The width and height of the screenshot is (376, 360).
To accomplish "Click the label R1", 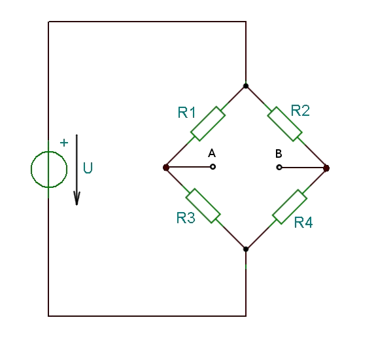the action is point(186,113).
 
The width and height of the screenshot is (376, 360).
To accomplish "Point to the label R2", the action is point(300,111).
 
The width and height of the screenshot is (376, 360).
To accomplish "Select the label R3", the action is point(186,218).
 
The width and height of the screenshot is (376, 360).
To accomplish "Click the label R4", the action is point(303,223).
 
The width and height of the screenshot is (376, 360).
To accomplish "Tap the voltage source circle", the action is point(49,152).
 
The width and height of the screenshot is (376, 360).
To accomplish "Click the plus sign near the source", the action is point(64,143).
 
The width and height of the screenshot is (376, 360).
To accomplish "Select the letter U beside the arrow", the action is point(88,168).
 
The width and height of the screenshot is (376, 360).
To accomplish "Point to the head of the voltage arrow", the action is point(77,205).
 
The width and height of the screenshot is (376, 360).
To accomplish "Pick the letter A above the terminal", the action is point(212,153).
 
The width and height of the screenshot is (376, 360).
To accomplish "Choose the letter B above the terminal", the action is point(279,154).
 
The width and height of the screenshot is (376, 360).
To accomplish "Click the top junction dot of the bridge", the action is point(246,86).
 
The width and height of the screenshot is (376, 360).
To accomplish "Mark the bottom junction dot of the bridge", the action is point(246,249).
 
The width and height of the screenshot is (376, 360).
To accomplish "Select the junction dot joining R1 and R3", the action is point(166,168).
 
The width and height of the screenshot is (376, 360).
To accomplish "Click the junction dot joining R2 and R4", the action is point(326,168).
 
